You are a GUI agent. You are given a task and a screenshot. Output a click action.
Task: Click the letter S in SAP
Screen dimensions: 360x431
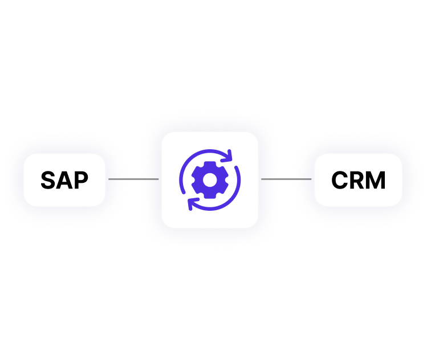48,181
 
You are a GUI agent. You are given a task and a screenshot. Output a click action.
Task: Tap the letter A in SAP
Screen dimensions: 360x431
64,181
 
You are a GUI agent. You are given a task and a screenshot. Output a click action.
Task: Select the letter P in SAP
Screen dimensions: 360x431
80,181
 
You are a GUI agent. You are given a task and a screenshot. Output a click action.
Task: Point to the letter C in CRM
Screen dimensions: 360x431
340,181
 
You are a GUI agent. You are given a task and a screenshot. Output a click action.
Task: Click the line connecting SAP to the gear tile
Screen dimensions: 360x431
133,179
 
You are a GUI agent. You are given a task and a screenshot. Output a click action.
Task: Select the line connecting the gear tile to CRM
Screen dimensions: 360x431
286,179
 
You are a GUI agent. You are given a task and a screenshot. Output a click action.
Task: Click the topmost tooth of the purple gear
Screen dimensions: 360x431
210,166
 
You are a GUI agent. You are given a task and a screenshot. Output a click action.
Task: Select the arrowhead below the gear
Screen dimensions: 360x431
191,204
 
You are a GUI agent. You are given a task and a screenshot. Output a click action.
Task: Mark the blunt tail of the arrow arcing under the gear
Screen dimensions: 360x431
238,177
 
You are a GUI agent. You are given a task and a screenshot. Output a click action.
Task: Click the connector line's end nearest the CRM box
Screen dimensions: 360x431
310,179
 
